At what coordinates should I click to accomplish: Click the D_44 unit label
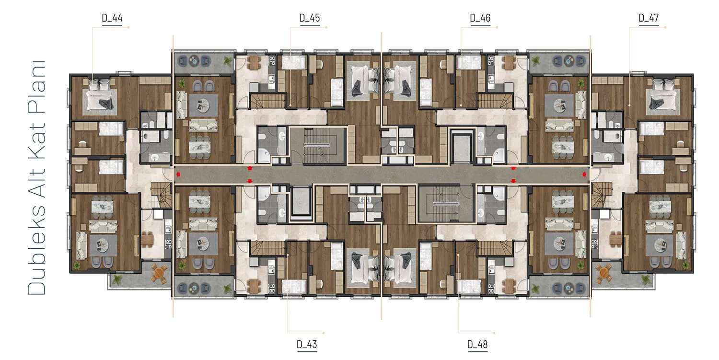pyautogui.click(x=112, y=18)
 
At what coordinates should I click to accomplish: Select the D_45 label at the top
pyautogui.click(x=310, y=18)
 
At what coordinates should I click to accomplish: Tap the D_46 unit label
pyautogui.click(x=480, y=18)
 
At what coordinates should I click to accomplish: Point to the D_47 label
pyautogui.click(x=649, y=18)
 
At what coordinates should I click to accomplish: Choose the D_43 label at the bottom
pyautogui.click(x=307, y=345)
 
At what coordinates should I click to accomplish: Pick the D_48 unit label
pyautogui.click(x=477, y=345)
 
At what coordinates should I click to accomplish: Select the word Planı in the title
pyautogui.click(x=36, y=87)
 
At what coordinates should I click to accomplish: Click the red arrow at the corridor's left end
pyautogui.click(x=178, y=174)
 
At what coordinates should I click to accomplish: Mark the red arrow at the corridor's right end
pyautogui.click(x=584, y=174)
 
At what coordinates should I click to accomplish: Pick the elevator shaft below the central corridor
pyautogui.click(x=301, y=202)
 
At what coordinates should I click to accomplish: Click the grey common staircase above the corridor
pyautogui.click(x=317, y=145)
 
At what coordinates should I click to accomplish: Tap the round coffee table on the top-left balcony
pyautogui.click(x=194, y=60)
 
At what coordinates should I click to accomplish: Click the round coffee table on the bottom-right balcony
pyautogui.click(x=569, y=288)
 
